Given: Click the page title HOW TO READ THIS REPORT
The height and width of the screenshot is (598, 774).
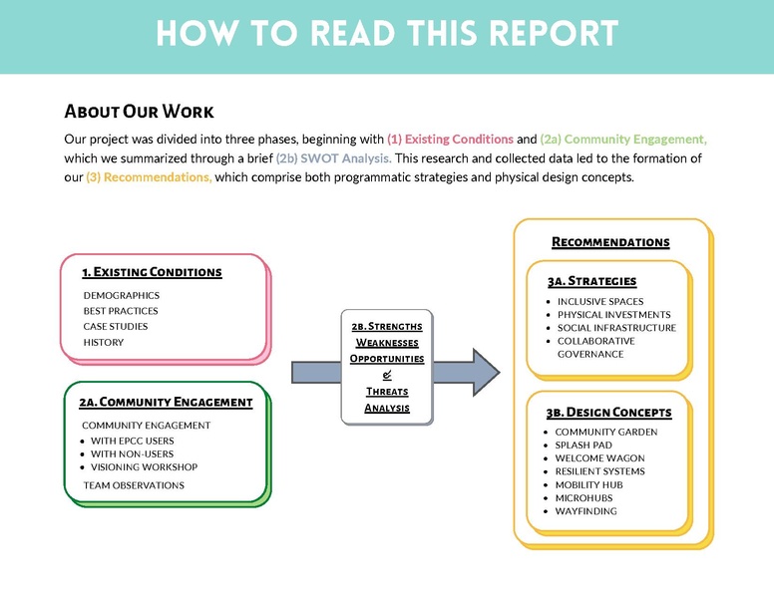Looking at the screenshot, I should coord(387,34).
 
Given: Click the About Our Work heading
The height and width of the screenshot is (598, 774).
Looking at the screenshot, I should coord(139,111).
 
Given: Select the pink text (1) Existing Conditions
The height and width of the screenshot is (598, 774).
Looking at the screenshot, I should coord(450,140).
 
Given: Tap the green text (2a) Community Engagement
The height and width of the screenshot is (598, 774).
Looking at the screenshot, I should coord(623,140).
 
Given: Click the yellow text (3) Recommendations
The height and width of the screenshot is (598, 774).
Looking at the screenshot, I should coord(149,177).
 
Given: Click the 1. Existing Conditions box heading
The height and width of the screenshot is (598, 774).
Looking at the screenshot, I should coord(152,271).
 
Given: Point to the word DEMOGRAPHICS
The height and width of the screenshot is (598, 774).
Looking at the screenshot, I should coord(121,295).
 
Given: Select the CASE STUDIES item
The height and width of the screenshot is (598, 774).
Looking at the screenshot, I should coord(115,326).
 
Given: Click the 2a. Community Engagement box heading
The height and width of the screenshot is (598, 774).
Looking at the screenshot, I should coord(166,402).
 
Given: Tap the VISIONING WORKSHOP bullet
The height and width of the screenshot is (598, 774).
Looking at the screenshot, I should coord(144,466).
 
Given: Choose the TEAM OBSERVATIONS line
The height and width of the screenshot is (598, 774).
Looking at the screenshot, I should coord(134,485).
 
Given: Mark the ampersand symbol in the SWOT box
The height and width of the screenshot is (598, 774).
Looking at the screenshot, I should coord(387,375).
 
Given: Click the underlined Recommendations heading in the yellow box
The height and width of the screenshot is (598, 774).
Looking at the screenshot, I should coord(610,242).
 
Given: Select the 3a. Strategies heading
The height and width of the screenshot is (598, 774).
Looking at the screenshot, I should coord(591,281).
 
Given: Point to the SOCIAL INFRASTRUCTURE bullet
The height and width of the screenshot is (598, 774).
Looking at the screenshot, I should coord(616,328).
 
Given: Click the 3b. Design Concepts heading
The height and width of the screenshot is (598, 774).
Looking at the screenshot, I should coord(608,412).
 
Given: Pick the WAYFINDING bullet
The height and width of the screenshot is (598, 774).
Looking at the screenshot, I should coord(586,511).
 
